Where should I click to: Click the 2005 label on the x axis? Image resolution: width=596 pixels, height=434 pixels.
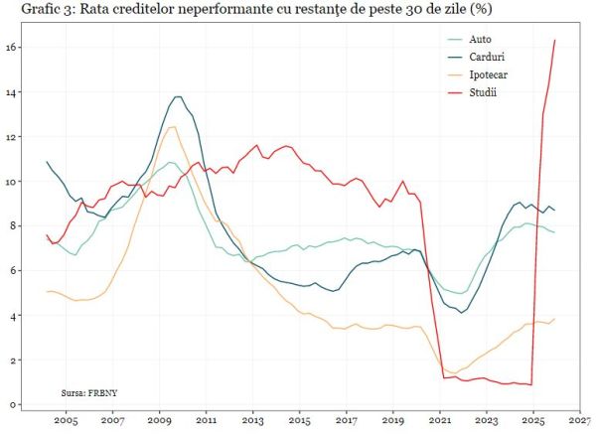click(x=66, y=420)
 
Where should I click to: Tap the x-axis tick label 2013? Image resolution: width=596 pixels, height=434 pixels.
click(x=252, y=420)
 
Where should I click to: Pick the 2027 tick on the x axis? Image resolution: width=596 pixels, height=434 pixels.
click(x=580, y=420)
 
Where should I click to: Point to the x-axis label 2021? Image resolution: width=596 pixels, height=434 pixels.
click(x=440, y=420)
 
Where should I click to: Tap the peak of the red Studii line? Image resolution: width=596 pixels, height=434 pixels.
click(x=554, y=40)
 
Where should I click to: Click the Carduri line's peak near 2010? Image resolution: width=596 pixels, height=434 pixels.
click(x=178, y=96)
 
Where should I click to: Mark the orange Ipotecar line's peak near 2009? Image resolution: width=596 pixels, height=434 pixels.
click(x=173, y=126)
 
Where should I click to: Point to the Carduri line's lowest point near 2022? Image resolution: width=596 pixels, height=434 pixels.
click(x=461, y=312)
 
